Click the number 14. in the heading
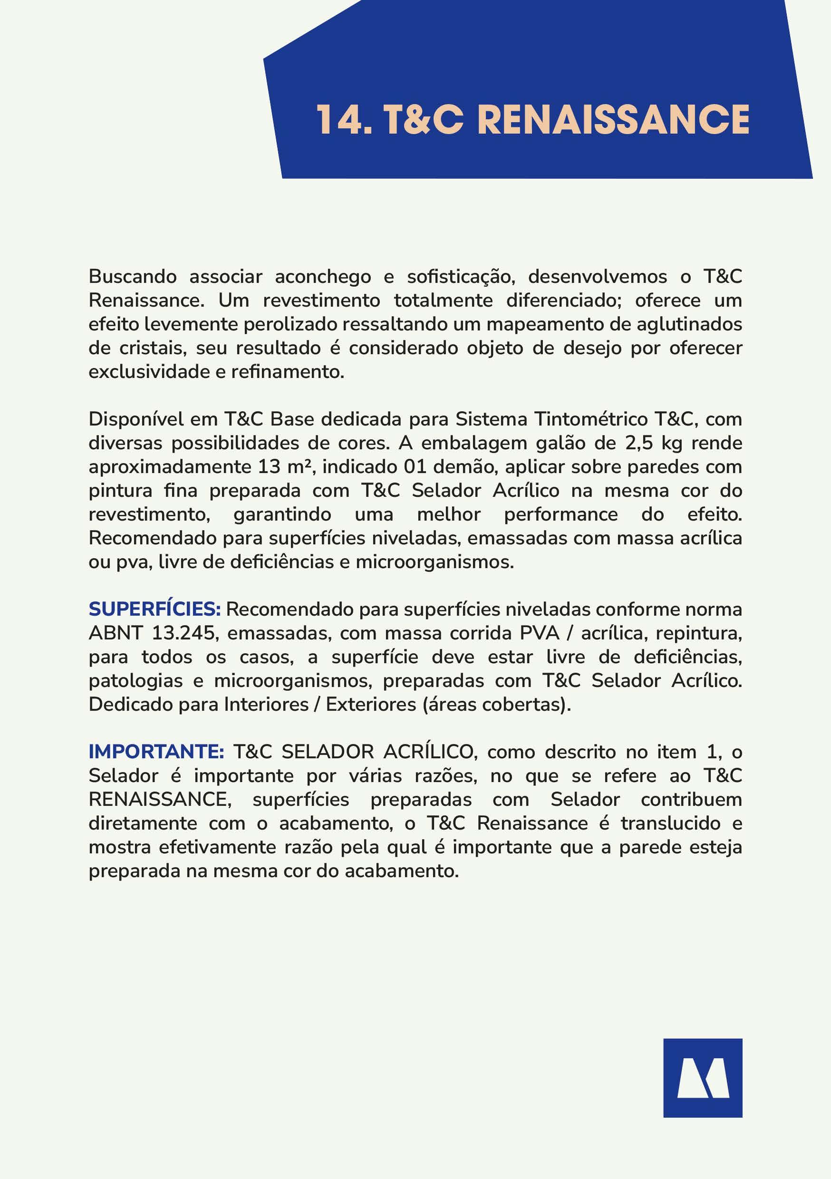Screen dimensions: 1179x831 pyautogui.click(x=343, y=120)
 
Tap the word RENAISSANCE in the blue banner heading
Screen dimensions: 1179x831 pyautogui.click(x=613, y=120)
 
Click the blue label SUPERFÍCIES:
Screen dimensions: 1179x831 pyautogui.click(x=155, y=609)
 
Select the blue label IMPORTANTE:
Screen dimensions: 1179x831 pyautogui.click(x=156, y=752)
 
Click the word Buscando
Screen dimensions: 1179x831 pyautogui.click(x=133, y=277)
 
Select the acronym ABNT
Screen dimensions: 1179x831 pyautogui.click(x=115, y=633)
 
